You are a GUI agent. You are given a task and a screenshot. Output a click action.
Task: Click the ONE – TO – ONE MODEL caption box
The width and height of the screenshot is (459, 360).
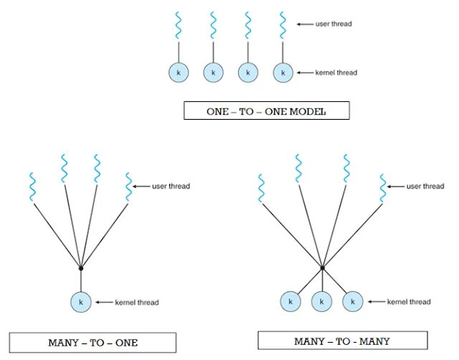(x=265, y=110)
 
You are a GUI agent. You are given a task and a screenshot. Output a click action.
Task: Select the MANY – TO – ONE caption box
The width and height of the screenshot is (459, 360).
(x=93, y=342)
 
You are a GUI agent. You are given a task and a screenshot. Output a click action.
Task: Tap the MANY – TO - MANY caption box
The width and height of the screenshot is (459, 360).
(x=342, y=340)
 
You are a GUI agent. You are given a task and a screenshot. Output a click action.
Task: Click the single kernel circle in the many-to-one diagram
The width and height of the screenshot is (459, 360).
(x=81, y=302)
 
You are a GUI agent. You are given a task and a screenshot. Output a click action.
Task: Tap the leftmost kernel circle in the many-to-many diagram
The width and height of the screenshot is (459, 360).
(x=290, y=303)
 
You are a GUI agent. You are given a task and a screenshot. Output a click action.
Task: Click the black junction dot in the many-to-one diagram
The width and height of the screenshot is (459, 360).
(x=81, y=267)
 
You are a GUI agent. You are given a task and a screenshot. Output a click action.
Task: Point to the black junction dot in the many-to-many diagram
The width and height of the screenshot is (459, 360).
(x=323, y=267)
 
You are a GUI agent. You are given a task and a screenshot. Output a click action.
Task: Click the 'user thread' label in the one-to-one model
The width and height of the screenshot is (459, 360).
(x=333, y=24)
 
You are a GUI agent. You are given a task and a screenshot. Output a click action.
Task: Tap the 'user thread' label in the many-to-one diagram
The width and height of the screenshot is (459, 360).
(x=171, y=186)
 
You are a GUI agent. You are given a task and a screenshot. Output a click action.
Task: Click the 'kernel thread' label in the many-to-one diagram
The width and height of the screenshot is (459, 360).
(x=136, y=303)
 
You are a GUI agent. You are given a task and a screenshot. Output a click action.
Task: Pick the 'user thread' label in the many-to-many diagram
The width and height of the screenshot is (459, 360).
(x=425, y=186)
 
